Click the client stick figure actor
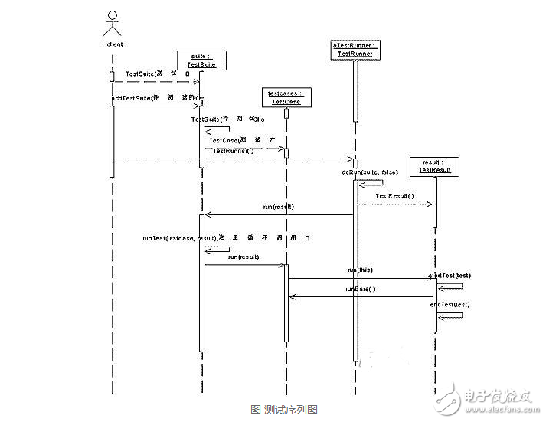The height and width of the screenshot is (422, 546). (113, 25)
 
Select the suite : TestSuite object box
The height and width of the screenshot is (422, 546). (201, 61)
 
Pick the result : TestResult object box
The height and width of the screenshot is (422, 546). (434, 166)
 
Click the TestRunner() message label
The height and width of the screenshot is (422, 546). (234, 151)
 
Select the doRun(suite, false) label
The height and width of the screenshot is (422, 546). (371, 172)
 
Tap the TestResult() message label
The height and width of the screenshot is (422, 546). (394, 196)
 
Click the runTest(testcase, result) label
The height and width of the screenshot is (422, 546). (179, 238)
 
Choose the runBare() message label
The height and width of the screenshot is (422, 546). (361, 289)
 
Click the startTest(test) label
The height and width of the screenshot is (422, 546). (450, 276)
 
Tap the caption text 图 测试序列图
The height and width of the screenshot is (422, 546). (273, 410)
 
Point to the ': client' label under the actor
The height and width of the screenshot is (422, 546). (112, 44)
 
